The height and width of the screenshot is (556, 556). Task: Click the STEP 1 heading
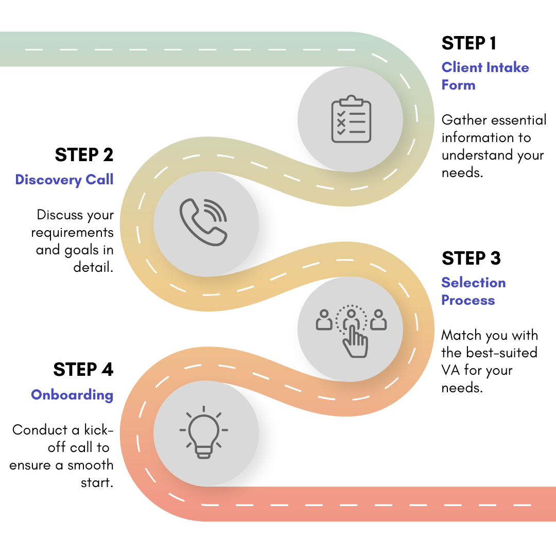coord(469,44)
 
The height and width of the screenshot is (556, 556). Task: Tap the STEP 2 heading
coord(84,155)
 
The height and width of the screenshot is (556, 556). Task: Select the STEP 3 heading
coord(471,258)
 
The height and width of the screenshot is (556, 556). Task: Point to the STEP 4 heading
coord(83,370)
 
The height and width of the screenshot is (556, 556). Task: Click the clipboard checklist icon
coord(351,119)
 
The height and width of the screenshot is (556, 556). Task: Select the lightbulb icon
coord(203,431)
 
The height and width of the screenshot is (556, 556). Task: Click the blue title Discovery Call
coord(64,180)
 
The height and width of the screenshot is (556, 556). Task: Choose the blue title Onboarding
coord(72,395)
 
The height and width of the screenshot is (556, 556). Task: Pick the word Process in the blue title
coord(468,300)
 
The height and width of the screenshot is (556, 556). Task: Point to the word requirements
coord(72,233)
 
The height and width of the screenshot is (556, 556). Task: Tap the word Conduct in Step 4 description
coord(40,430)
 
